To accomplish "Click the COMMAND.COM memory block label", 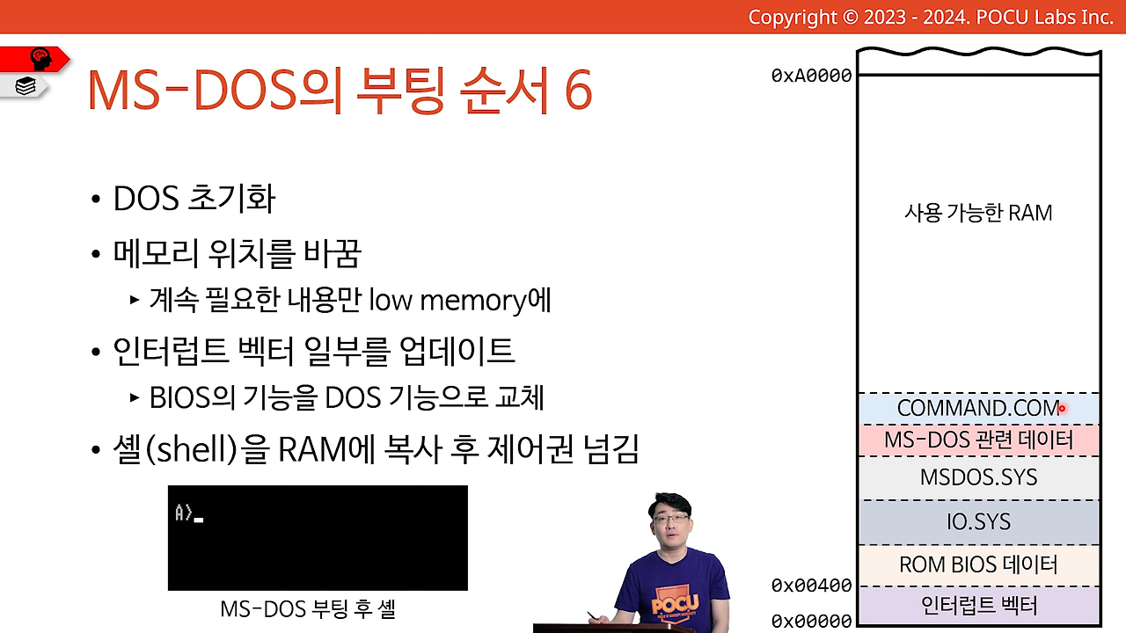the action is click(x=978, y=409).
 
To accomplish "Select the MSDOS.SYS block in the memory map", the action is click(x=979, y=477).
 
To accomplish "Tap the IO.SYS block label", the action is click(x=979, y=522).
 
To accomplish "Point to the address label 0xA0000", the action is click(x=811, y=76).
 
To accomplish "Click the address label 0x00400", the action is click(x=811, y=586).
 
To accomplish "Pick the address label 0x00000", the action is click(x=811, y=621).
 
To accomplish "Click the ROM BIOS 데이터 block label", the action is click(x=978, y=564).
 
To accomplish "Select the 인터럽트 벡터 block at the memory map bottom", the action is click(x=979, y=606).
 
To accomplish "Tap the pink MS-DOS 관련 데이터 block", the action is click(x=979, y=440).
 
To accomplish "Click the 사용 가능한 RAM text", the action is click(x=978, y=213).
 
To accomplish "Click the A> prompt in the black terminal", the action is click(x=184, y=513).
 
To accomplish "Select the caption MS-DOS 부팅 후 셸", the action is click(x=308, y=609).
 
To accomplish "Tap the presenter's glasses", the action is click(x=671, y=519).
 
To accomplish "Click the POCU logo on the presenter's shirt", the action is click(x=675, y=603).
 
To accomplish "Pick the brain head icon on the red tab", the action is click(x=40, y=59).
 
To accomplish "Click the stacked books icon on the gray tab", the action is click(x=26, y=86).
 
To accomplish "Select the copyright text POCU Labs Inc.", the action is click(x=1044, y=18).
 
